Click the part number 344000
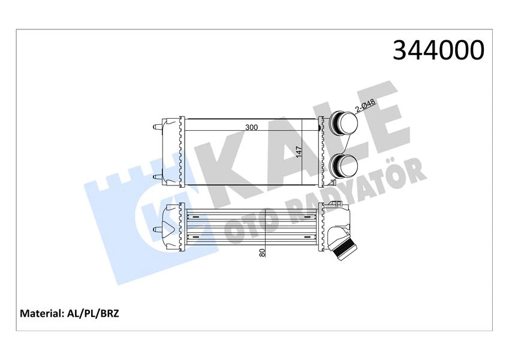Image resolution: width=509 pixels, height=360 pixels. [438, 51]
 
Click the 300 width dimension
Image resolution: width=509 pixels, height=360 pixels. [251, 128]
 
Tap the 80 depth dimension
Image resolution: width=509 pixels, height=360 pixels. [262, 253]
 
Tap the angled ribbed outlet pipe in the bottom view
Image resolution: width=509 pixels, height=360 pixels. [347, 247]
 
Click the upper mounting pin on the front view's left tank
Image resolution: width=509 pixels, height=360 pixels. [156, 127]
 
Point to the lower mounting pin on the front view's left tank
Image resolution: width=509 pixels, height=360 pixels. [156, 176]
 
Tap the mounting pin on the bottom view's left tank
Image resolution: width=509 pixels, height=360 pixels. [158, 229]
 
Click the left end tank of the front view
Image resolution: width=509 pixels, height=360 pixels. [172, 152]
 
